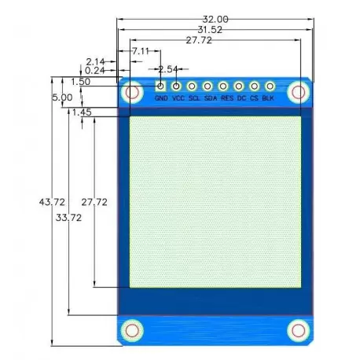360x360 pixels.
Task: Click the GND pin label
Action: click(161, 99)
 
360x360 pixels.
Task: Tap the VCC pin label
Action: click(178, 99)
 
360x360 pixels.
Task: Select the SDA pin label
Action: click(210, 99)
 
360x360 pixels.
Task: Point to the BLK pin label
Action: click(268, 99)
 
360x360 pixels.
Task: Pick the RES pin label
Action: click(226, 99)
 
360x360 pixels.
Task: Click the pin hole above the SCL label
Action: click(193, 86)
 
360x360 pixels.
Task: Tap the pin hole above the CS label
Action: click(255, 86)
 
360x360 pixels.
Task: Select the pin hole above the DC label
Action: click(240, 86)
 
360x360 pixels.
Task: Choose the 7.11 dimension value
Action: click(141, 50)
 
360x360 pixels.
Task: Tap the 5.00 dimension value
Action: click(61, 97)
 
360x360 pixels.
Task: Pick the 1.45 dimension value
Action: click(81, 112)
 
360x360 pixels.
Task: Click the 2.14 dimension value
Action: click(96, 61)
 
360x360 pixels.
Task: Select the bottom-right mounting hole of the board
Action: click(297, 329)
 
